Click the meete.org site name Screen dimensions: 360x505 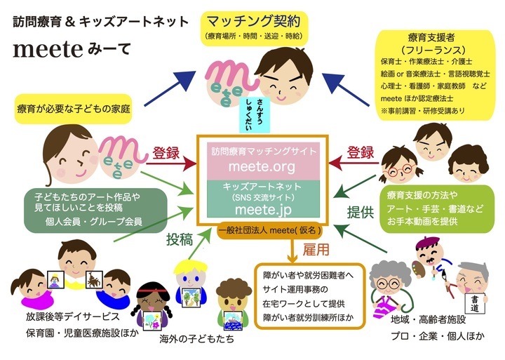[254, 167]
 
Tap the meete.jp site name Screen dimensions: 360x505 [254, 208]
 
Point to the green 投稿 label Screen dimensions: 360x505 [180, 239]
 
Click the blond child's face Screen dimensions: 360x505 [189, 274]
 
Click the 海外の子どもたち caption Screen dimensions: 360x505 [187, 339]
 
